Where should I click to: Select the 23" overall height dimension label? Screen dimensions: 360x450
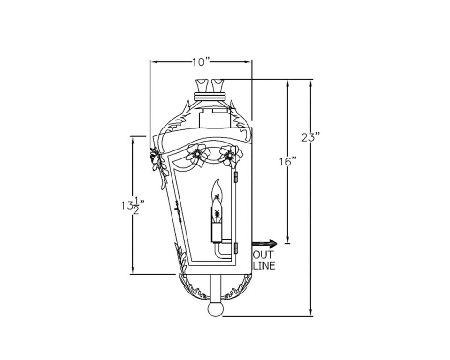pos(310,137)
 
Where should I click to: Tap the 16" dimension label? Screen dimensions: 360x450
pos(287,162)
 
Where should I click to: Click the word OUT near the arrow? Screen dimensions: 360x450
pos(263,255)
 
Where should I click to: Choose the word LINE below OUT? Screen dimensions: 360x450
pos(264,265)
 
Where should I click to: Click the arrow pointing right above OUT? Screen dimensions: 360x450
pos(265,243)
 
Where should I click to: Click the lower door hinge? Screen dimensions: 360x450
pos(236,247)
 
